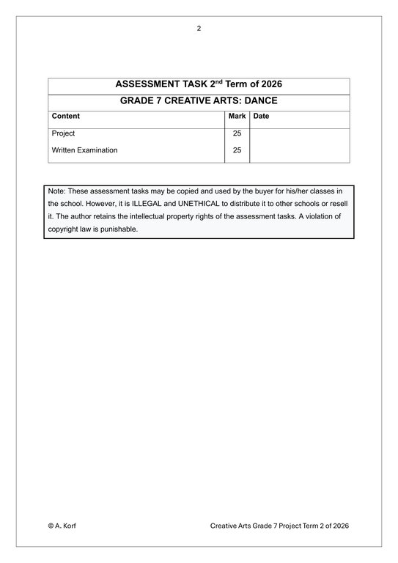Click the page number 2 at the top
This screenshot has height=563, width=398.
199,29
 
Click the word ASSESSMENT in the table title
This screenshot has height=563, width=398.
150,84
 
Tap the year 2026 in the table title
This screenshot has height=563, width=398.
268,84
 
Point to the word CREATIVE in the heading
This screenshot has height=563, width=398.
191,101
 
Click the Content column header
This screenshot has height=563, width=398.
66,116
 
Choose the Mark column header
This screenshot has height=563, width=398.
237,116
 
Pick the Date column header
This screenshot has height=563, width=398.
261,116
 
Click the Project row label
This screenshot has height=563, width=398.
63,133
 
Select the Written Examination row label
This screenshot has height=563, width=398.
84,150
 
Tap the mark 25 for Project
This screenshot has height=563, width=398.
237,133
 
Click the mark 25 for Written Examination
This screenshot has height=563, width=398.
237,150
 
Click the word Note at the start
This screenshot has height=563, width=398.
56,191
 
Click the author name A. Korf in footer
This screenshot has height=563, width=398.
67,526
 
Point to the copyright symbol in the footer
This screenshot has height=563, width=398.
51,526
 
